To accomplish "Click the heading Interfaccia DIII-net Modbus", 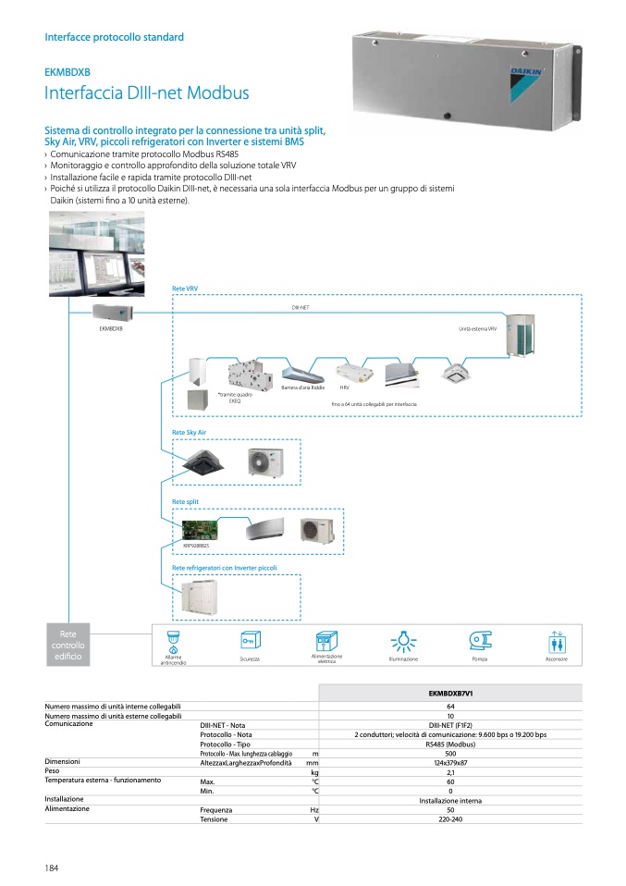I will tap(147, 93).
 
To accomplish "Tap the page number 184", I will tap(52, 867).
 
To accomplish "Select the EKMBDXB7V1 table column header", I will tap(450, 693).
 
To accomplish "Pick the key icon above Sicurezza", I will tap(249, 641).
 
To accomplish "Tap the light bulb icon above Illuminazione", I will tap(403, 641).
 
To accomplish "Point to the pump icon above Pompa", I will tap(480, 640).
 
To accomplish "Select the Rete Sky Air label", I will tap(189, 433).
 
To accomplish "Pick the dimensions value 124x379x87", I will tap(450, 763).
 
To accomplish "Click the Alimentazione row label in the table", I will tap(68, 808).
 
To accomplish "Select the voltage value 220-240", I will tap(450, 819).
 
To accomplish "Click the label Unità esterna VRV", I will tap(478, 329).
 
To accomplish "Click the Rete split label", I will tap(185, 502).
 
